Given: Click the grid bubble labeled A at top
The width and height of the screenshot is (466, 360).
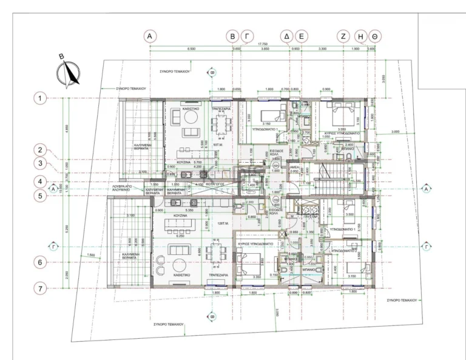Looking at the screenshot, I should click(x=149, y=36).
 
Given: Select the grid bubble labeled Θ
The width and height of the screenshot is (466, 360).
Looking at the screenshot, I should click(x=376, y=36).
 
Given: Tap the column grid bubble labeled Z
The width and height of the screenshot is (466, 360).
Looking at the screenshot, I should click(x=343, y=36).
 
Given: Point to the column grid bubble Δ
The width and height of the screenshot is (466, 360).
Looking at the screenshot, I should click(x=288, y=36).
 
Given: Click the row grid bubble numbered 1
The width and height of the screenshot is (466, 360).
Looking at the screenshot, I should click(x=40, y=98).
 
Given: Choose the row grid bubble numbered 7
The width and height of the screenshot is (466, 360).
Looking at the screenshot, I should click(x=40, y=288).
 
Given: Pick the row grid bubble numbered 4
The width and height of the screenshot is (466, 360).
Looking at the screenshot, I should click(x=40, y=181).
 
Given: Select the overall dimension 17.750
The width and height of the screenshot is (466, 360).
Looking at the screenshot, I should click(x=263, y=44).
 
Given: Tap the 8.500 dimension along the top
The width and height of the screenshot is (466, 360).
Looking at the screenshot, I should click(x=191, y=49).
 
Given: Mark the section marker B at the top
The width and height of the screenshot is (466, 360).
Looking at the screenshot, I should click(x=212, y=72).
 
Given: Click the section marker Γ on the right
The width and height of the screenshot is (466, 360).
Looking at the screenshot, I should click(x=427, y=247).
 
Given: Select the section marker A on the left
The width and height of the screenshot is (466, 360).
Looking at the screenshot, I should click(x=53, y=189).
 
